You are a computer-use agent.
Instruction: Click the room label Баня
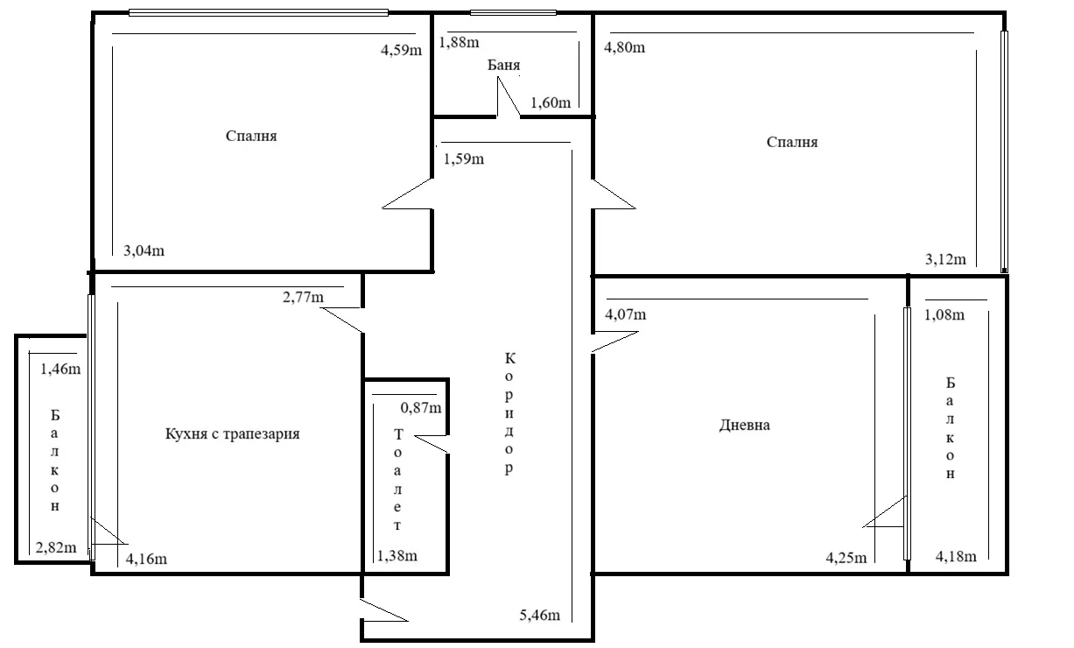pos(503,65)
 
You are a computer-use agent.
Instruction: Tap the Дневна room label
pos(745,425)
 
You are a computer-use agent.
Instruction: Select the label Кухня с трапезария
pos(233,433)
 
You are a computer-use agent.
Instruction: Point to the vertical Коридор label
pos(509,413)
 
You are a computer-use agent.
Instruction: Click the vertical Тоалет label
pos(397,480)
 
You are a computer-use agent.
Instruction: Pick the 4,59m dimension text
pos(401,50)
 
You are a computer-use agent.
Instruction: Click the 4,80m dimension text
pos(624,47)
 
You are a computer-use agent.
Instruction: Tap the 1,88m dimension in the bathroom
pos(459,42)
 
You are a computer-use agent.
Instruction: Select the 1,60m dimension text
pos(551,102)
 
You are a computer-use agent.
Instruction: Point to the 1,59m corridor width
pos(464,158)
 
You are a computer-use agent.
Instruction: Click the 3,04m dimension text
pos(144,250)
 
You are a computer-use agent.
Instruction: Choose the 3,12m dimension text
pos(945,259)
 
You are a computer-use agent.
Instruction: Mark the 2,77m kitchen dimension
pos(303,298)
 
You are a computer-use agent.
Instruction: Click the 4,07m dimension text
pos(625,314)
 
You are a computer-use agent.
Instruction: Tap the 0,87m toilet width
pos(421,408)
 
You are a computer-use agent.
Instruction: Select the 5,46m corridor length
pos(540,615)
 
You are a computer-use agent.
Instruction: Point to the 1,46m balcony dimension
pos(60,369)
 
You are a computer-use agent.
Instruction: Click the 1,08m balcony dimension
pos(944,314)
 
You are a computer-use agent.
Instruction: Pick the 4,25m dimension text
pos(846,558)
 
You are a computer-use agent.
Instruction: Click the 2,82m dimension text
pos(56,547)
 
